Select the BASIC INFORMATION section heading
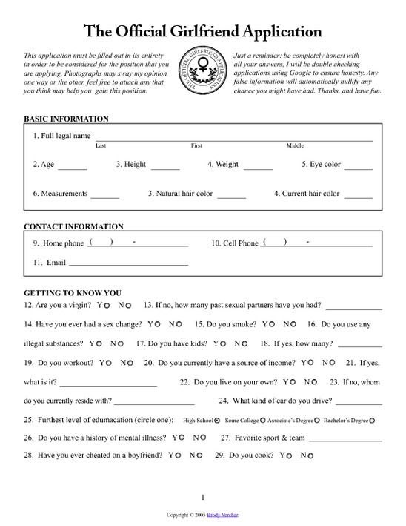pos(67,119)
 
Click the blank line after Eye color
pos(359,168)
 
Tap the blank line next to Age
pos(72,168)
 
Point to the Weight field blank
pos(257,168)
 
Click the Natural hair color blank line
pos(231,197)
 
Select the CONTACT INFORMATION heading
pos(73,226)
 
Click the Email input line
pos(128,263)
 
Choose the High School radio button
pos(217,421)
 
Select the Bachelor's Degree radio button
pos(372,421)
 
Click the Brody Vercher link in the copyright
pos(224,513)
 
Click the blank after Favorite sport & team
pos(345,438)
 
